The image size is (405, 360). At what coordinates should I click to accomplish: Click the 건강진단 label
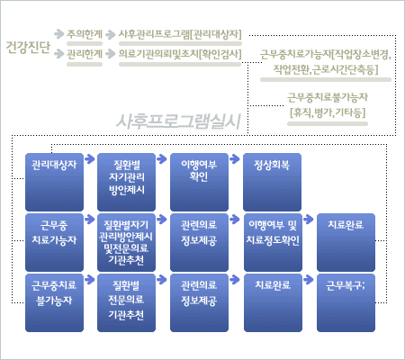pos(28,47)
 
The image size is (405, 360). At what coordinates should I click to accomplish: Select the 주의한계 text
pos(85,34)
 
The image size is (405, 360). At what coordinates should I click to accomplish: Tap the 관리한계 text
pos(85,54)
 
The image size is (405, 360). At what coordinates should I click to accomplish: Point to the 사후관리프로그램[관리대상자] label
pos(180,34)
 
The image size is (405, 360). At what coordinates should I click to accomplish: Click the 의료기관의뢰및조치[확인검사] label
pos(180,54)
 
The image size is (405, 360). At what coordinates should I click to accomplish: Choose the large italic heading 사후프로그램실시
pos(178,121)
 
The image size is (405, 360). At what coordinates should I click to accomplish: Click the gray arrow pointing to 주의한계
pos(59,34)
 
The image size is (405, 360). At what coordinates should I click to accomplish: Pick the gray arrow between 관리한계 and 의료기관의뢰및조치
pos(111,54)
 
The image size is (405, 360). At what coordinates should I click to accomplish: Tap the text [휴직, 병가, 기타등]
pos(328,112)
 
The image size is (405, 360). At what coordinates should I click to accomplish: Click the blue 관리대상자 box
pos(54,182)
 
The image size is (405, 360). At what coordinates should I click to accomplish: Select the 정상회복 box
pos(272,182)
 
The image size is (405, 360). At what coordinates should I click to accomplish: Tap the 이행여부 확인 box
pos(199,182)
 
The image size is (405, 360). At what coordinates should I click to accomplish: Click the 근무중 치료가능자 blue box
pos(54,242)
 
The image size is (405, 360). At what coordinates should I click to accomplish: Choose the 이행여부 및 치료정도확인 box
pos(273,242)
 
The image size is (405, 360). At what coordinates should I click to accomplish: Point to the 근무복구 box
pos(346,302)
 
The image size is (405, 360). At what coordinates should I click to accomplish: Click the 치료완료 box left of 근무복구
pos(273,302)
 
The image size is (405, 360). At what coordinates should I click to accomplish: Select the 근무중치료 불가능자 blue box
pos(54,302)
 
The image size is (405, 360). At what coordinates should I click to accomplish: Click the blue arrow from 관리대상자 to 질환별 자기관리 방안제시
pos(90,158)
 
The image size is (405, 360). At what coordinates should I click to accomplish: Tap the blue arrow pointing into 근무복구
pos(309,280)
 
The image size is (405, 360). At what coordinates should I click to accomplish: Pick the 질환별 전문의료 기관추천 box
pos(126,302)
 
